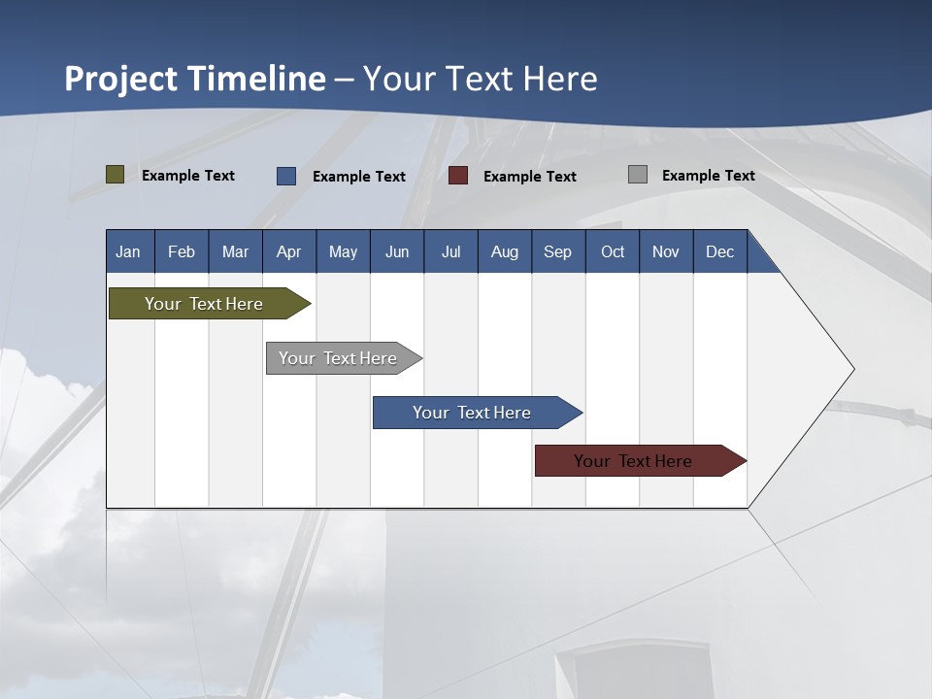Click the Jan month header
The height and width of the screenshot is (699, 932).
point(129,251)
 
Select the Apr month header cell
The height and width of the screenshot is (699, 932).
point(289,251)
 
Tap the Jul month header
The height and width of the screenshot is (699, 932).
point(450,251)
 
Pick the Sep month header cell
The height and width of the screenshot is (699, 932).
point(558,251)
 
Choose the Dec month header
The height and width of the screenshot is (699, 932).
point(719,251)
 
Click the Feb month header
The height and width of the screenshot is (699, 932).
point(182,251)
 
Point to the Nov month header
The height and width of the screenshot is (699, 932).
point(666,251)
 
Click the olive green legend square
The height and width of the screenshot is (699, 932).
point(116,175)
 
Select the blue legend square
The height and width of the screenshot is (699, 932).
point(286,176)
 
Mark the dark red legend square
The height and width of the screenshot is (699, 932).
point(458,176)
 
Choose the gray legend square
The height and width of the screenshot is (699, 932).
point(638,175)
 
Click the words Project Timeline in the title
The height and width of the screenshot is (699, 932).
point(195,79)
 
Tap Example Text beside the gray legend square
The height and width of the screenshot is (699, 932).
point(708,176)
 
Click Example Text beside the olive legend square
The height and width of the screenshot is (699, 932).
point(188,176)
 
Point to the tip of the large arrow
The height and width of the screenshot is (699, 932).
point(852,369)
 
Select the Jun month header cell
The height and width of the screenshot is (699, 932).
point(397,251)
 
